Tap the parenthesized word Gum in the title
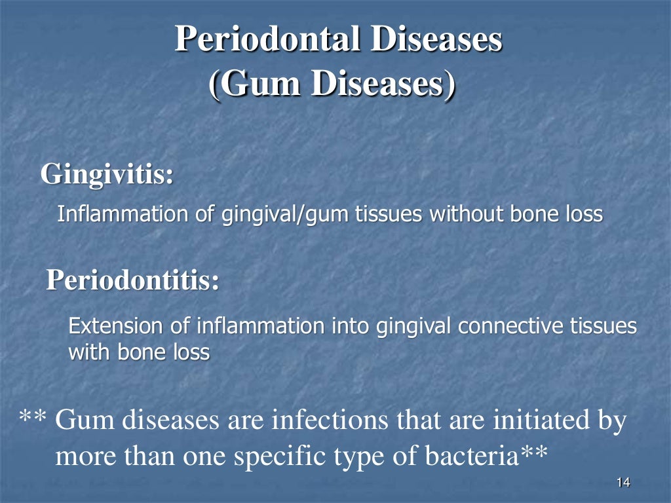pyautogui.click(x=254, y=86)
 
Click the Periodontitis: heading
pyautogui.click(x=133, y=281)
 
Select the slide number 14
pyautogui.click(x=623, y=483)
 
